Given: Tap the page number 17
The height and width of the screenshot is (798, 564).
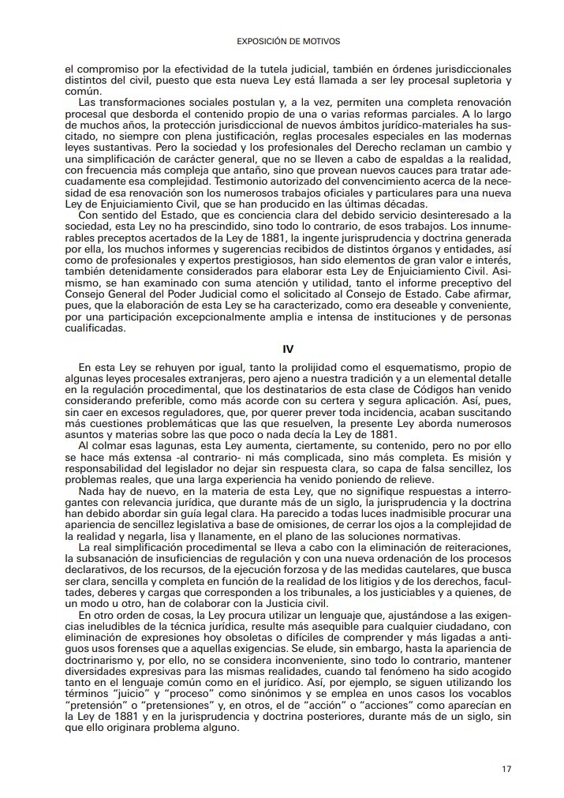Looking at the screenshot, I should pos(507,767).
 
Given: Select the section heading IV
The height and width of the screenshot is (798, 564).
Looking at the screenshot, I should pos(288,349).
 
